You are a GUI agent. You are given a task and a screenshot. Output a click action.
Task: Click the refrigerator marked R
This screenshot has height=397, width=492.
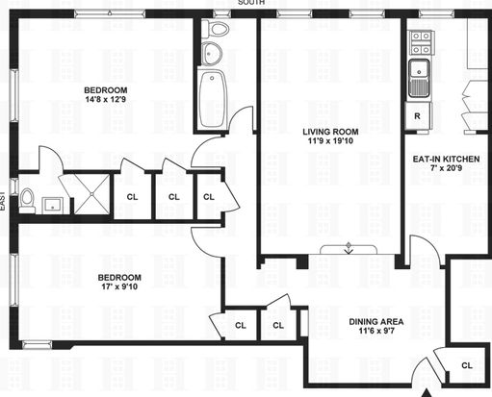tap(418, 115)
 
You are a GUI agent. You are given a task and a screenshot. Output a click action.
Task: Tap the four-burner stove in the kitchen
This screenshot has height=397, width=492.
tap(421, 43)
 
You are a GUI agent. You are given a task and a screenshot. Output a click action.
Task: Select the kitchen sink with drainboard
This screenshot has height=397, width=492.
tap(419, 78)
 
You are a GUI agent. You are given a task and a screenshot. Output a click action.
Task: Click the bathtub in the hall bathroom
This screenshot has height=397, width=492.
tap(212, 99)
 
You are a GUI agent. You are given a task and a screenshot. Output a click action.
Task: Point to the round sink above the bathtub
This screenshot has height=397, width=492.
tap(212, 53)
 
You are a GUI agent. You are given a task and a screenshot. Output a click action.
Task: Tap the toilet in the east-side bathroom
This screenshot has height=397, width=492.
tap(27, 201)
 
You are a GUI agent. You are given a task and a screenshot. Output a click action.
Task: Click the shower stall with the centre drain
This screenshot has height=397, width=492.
tap(92, 194)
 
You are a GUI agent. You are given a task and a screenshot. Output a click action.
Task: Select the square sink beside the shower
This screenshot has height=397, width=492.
tap(53, 206)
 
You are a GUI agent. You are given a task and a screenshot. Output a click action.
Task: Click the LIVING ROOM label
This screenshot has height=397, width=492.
tap(330, 132)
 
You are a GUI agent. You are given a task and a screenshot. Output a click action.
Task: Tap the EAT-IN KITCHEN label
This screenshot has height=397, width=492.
tap(446, 159)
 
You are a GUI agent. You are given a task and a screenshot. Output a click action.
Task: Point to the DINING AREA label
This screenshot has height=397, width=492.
tap(376, 322)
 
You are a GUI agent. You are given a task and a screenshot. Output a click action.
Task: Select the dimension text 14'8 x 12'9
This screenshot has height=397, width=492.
tap(106, 99)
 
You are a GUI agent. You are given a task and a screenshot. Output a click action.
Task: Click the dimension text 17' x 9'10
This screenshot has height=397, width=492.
tap(119, 286)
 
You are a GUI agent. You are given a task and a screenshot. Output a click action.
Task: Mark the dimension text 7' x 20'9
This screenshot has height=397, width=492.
tap(446, 167)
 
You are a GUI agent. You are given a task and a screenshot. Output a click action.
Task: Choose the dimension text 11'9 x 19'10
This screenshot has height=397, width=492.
tap(330, 140)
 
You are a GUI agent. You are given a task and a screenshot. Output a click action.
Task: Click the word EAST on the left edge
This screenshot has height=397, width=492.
tap(3, 201)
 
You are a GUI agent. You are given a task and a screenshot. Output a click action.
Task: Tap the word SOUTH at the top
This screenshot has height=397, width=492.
tap(251, 2)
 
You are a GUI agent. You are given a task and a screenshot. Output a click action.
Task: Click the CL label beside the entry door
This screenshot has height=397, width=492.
tap(467, 365)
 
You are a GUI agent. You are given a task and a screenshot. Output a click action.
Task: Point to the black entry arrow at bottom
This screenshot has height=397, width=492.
tap(427, 393)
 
